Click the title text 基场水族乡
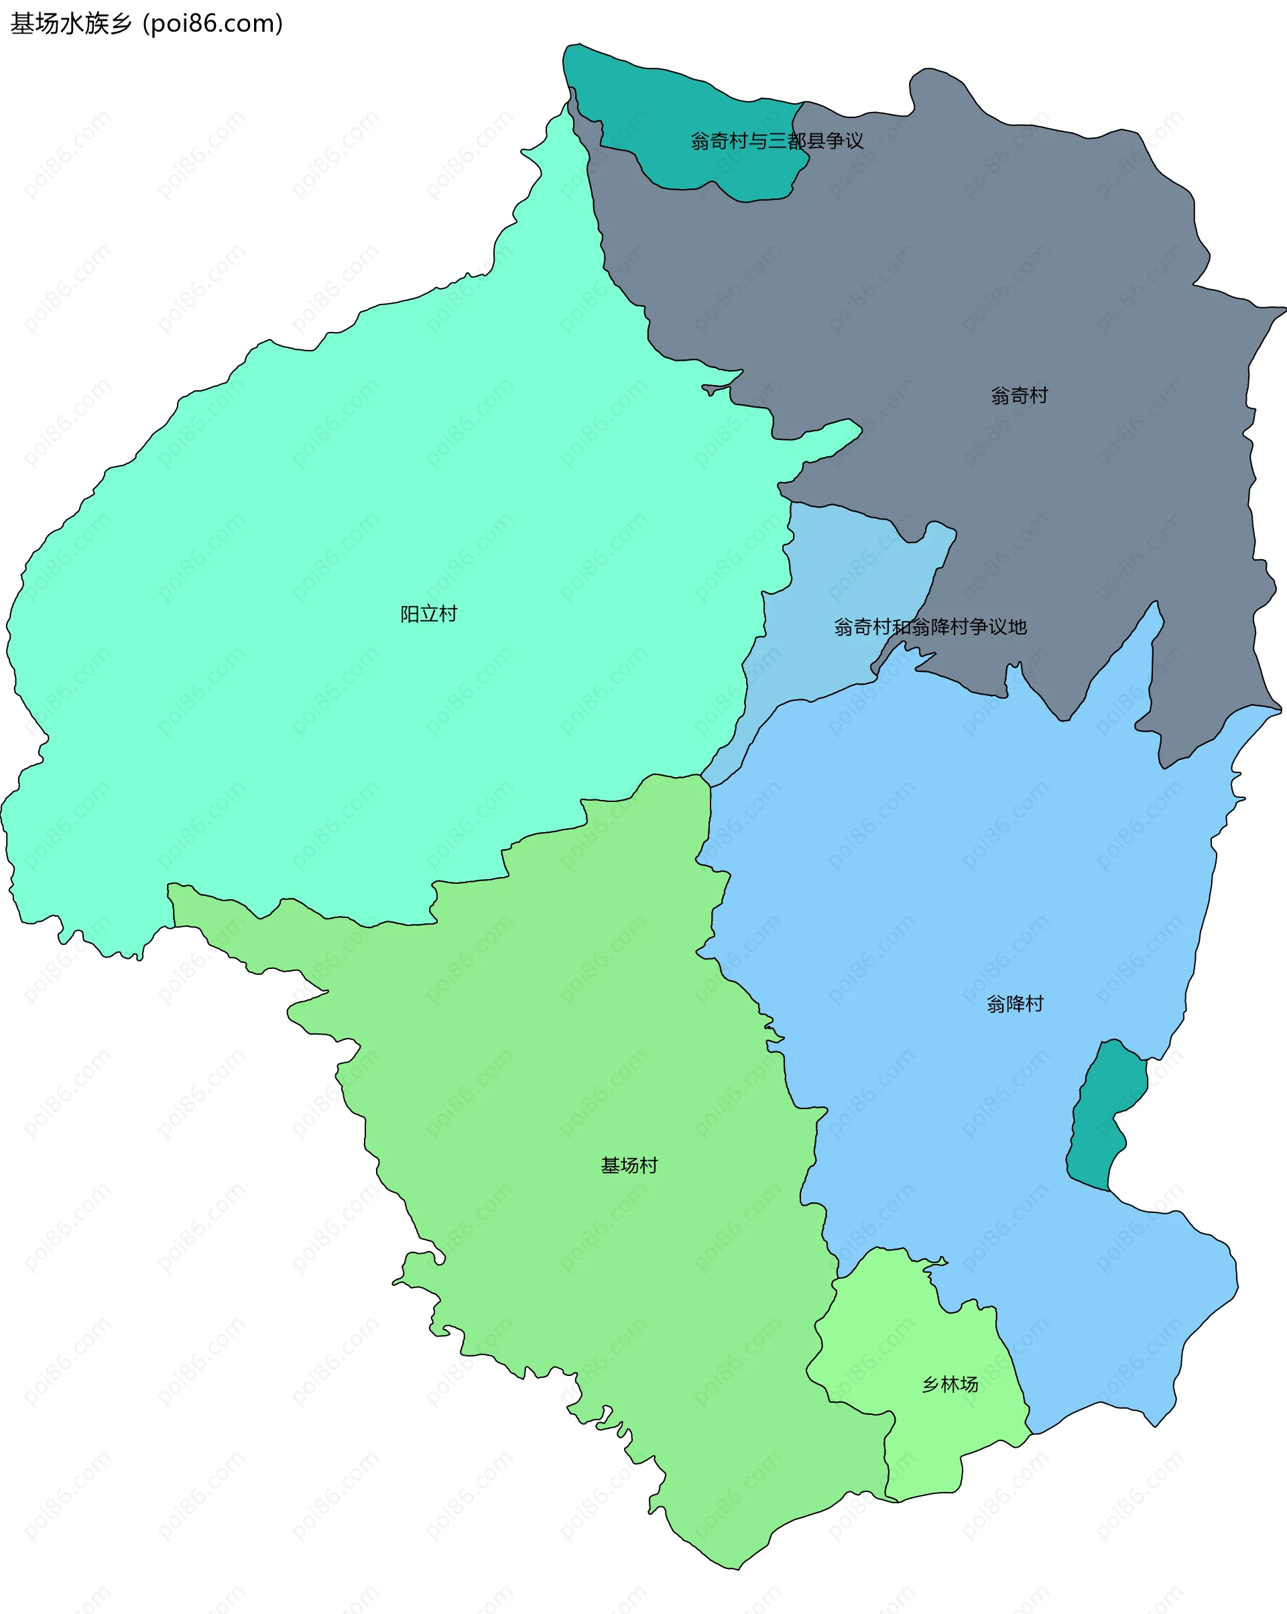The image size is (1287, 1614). (x=71, y=24)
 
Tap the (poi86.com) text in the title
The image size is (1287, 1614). (x=213, y=24)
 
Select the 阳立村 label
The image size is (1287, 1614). (x=428, y=614)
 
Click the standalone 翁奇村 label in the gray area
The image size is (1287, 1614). (x=1019, y=395)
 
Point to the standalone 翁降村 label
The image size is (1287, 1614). (x=1015, y=1003)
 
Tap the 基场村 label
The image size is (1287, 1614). (x=629, y=1165)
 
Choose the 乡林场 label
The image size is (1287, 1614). (x=950, y=1384)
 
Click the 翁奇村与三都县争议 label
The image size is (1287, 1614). (x=777, y=141)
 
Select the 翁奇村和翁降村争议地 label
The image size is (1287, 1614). (x=930, y=626)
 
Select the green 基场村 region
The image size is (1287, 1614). (x=599, y=1048)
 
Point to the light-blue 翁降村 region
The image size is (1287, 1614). (x=973, y=861)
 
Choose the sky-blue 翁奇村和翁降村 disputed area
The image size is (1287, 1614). (x=823, y=584)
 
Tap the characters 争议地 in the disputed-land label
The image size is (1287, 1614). (x=998, y=626)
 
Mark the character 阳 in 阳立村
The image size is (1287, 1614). (x=410, y=614)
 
